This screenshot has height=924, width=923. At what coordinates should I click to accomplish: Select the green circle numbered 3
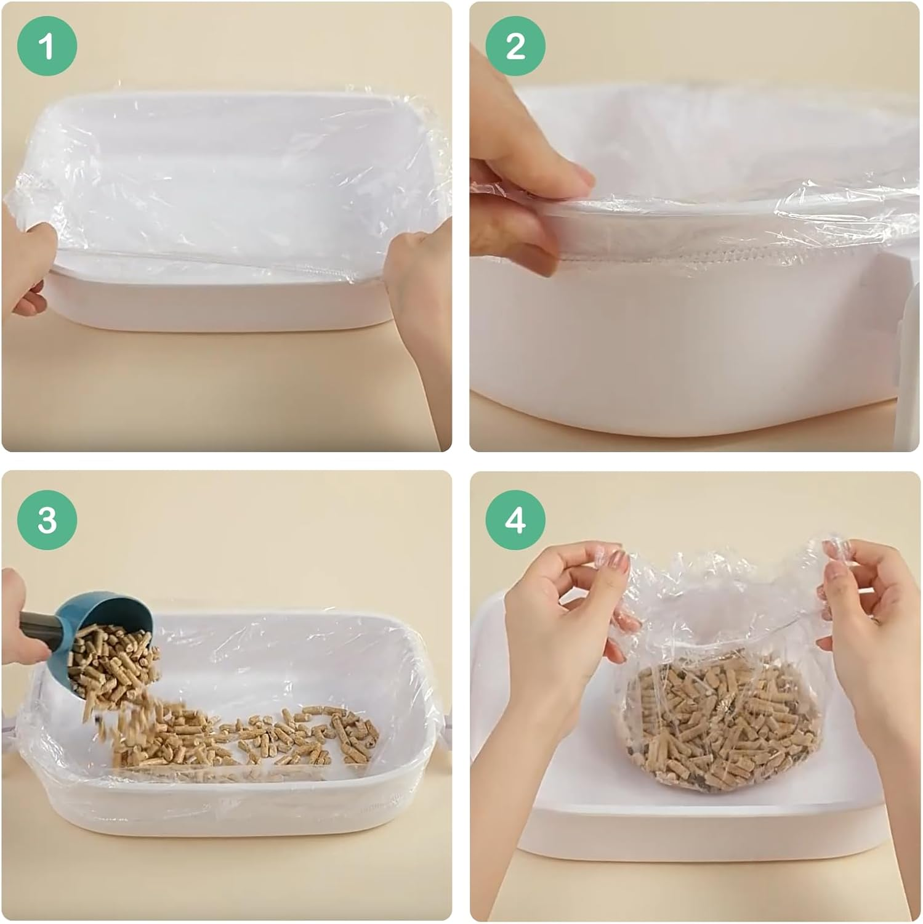click(47, 521)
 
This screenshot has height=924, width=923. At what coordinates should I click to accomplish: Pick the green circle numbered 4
click(515, 521)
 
